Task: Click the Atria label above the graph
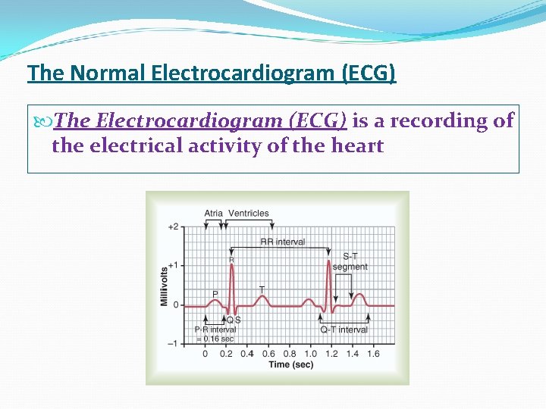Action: tap(213, 213)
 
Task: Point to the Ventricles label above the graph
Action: tap(249, 213)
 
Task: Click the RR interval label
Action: tap(282, 242)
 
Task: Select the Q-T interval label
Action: tap(344, 329)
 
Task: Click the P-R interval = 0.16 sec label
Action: tap(215, 334)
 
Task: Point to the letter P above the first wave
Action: tap(215, 294)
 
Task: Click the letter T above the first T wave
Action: tap(262, 289)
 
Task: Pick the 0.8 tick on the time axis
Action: tap(290, 354)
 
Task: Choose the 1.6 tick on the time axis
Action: tap(373, 354)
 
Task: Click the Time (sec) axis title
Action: tap(290, 365)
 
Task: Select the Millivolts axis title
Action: tap(164, 286)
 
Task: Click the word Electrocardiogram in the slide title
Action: tap(244, 73)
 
